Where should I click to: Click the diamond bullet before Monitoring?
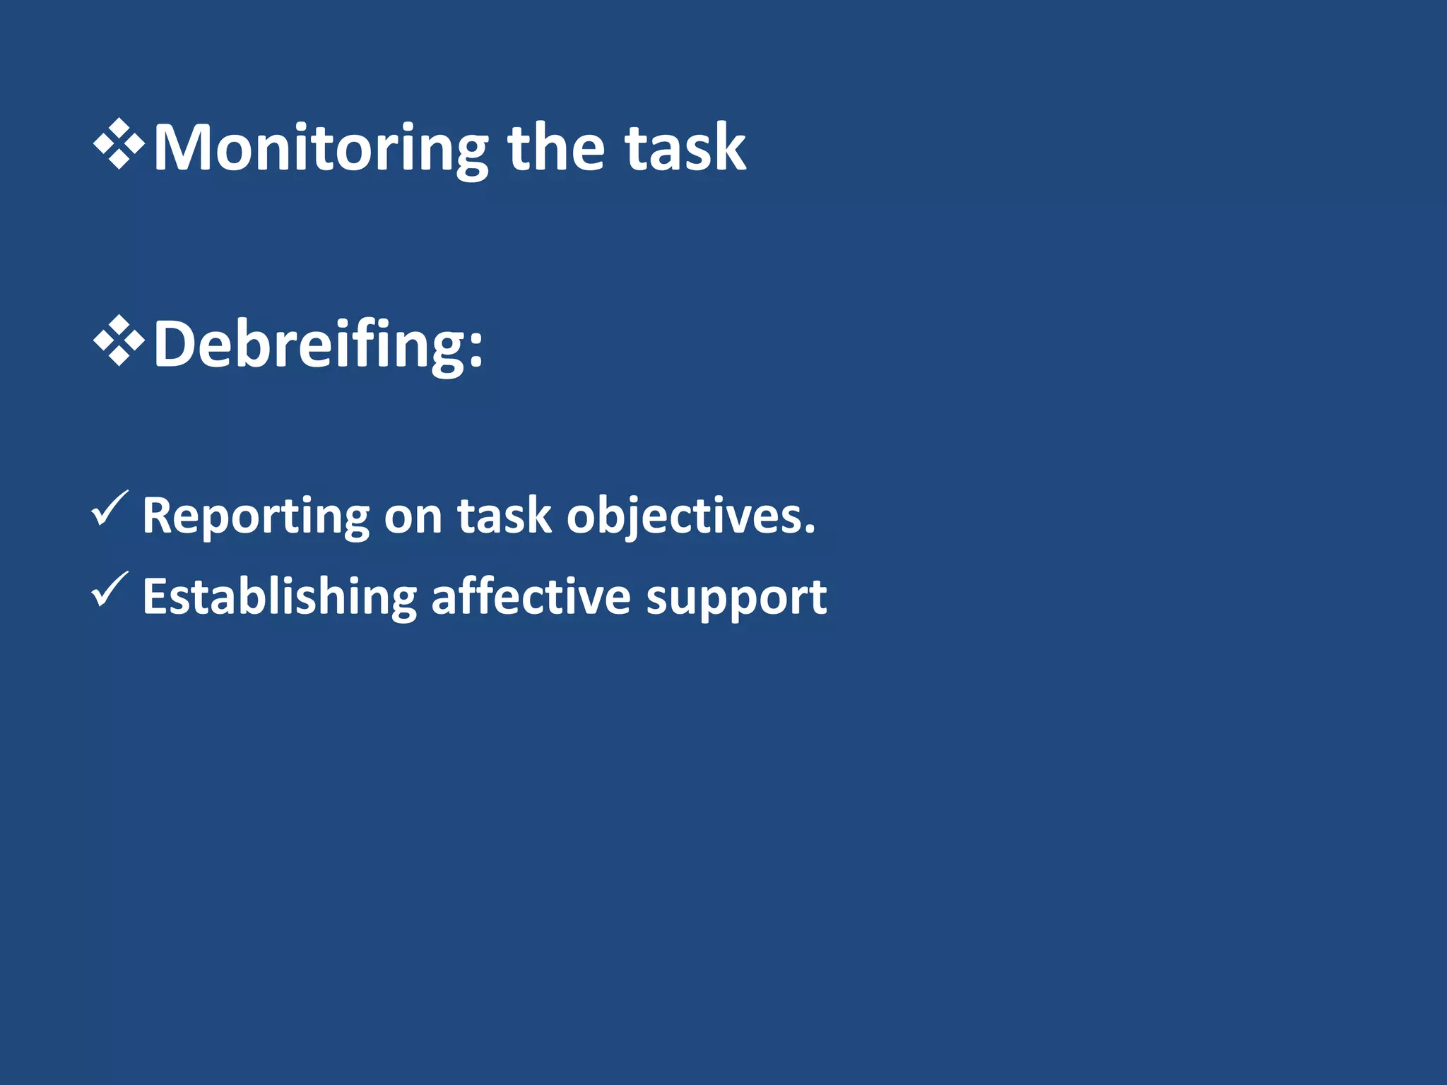(x=119, y=145)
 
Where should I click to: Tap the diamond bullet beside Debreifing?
(x=119, y=341)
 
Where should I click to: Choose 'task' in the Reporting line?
(x=504, y=516)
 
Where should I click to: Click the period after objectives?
(x=810, y=530)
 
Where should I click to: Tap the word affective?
(x=531, y=597)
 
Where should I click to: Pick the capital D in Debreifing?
(x=174, y=344)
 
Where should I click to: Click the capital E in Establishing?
(x=155, y=597)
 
